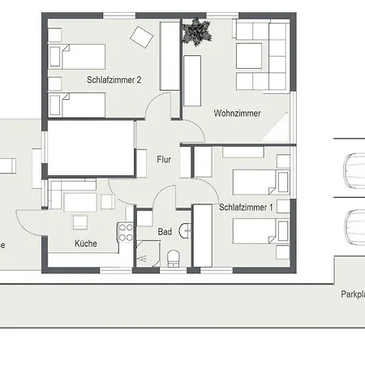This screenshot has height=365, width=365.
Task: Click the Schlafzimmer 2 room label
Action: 114,79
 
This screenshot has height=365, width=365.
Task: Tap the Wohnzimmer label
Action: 237,114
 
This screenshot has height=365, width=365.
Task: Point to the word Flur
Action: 164,160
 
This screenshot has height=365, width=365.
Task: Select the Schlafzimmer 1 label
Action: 247,208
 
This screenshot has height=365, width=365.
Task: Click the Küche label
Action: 86,243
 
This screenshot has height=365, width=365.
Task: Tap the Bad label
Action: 165,232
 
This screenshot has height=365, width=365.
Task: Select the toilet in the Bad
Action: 173,258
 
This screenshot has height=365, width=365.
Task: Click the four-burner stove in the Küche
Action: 126,234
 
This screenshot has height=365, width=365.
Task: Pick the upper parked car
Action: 354,170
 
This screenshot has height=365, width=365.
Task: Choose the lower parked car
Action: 354,227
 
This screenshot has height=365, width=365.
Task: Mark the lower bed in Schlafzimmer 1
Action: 260,233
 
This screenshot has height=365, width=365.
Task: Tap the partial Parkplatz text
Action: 352,294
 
